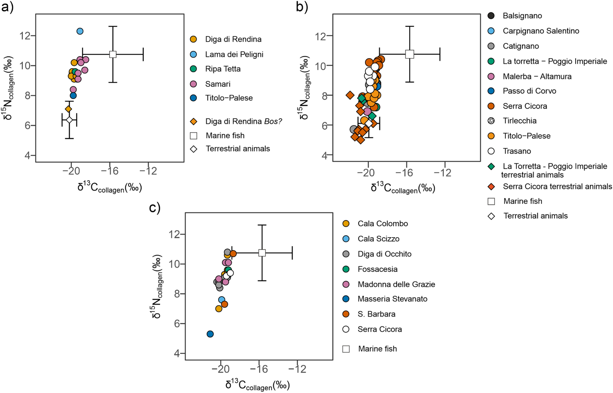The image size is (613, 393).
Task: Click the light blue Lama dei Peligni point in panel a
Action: pos(80,31)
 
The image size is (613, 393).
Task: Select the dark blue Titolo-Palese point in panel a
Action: pos(73,95)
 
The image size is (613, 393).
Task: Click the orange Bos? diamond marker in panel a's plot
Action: pos(68,109)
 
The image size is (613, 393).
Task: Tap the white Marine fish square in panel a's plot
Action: pos(113,54)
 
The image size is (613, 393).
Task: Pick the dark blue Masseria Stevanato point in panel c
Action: pos(210,334)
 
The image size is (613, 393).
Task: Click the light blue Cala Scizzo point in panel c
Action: pos(222,300)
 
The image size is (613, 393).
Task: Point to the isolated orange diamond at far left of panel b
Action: pos(350,95)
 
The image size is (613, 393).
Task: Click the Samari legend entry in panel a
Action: pos(218,84)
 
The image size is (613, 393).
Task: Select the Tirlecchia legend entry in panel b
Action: pos(519,121)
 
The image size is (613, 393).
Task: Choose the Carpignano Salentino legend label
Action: pos(541,31)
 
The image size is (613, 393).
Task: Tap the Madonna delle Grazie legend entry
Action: pos(396,284)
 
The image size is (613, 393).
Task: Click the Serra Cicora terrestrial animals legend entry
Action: pos(557,187)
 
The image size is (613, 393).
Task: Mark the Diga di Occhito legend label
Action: pos(384,254)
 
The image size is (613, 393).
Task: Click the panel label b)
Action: pos(302,7)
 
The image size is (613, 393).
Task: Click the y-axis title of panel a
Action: pos(8,88)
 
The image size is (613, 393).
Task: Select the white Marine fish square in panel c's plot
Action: pos(262,253)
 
